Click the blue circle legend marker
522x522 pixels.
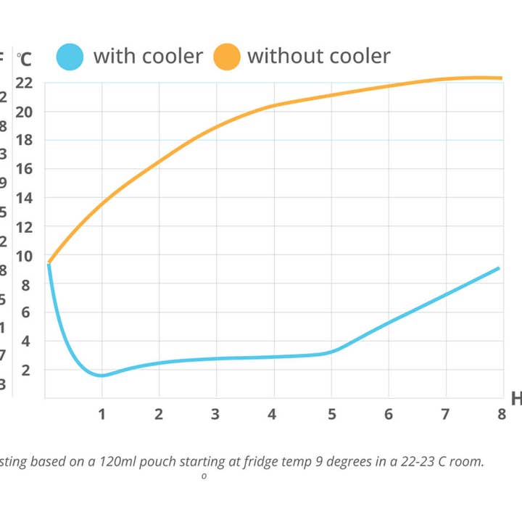70,57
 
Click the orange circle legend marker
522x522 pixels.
227,57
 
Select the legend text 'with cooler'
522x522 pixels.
148,56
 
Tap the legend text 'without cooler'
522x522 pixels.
319,56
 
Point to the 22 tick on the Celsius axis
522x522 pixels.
24,83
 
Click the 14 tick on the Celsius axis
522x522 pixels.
24,198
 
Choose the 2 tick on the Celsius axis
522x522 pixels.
26,370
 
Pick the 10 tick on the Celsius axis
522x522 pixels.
24,255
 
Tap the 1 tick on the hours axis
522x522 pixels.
102,414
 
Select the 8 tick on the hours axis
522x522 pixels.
500,414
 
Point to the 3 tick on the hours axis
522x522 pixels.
215,414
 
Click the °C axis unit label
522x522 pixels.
25,57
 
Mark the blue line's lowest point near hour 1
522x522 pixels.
101,375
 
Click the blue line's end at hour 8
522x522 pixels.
499,268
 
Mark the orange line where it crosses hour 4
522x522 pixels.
273,106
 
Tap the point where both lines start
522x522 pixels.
49,262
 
